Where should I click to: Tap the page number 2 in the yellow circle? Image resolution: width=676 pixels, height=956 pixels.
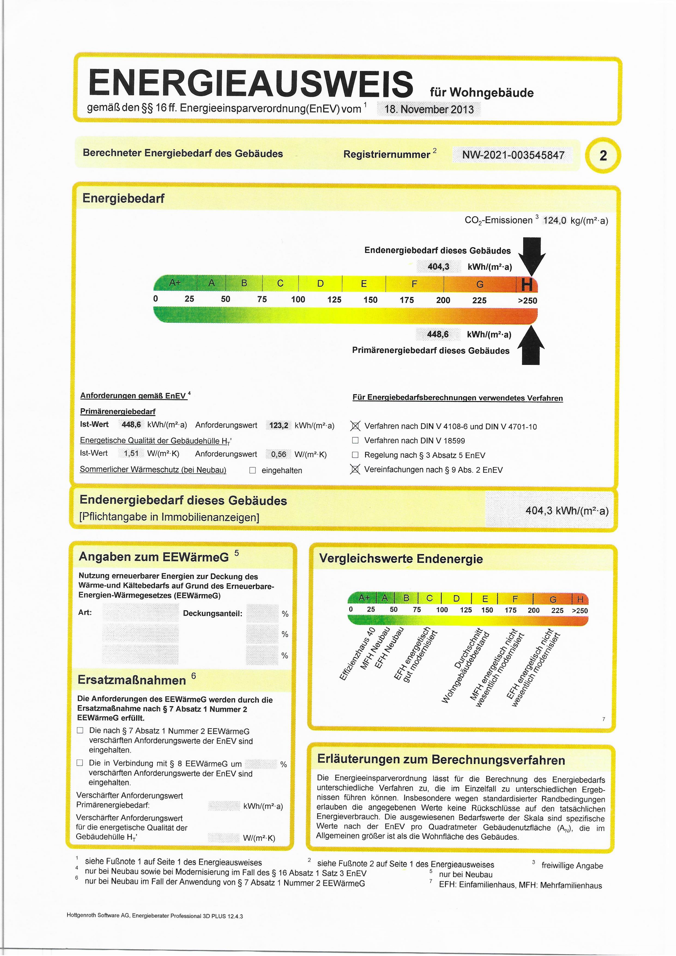(x=603, y=156)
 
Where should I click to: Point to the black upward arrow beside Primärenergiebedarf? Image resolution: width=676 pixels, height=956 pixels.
(x=531, y=345)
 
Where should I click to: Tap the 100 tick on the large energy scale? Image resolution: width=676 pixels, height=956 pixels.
(x=298, y=299)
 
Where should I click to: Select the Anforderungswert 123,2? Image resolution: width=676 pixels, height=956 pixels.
(x=279, y=425)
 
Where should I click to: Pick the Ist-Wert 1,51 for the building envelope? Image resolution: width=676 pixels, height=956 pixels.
(x=131, y=453)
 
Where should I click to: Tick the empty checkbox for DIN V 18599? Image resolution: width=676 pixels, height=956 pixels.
(x=355, y=440)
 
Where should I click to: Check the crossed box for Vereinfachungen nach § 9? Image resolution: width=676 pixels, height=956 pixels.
(x=355, y=469)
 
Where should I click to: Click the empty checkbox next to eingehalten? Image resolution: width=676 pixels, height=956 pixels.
(x=252, y=470)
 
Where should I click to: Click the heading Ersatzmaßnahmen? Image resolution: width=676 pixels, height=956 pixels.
(x=132, y=680)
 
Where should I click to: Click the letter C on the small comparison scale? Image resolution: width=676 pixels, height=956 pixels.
(x=429, y=598)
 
